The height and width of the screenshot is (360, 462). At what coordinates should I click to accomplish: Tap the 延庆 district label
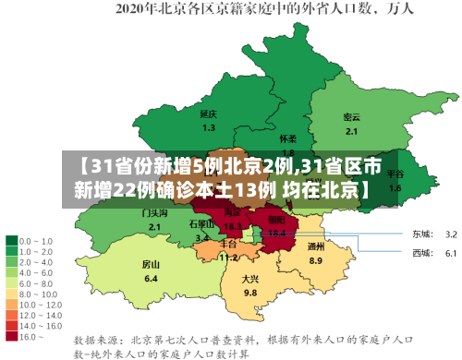click(x=208, y=114)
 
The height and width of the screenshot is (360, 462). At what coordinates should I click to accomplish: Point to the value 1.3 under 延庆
click(x=209, y=127)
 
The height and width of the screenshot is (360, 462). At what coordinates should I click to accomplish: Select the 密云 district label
click(x=351, y=117)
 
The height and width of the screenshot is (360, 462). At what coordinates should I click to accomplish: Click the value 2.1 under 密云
click(x=351, y=131)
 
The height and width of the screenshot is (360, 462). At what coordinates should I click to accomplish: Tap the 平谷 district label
click(x=395, y=174)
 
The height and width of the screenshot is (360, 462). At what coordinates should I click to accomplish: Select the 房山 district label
click(x=151, y=264)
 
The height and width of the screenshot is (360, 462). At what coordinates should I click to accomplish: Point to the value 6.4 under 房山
click(x=151, y=278)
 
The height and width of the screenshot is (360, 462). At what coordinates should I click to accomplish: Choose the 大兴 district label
click(x=249, y=279)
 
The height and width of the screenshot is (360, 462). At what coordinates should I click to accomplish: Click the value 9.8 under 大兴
click(x=249, y=293)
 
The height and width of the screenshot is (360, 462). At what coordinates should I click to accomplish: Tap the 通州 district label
click(x=316, y=246)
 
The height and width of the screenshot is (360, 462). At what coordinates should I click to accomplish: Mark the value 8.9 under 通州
click(x=316, y=260)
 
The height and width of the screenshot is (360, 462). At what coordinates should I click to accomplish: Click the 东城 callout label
click(x=422, y=234)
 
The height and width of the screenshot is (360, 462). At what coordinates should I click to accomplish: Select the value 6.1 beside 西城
click(x=452, y=252)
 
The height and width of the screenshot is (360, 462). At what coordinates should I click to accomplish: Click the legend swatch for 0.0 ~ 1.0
click(x=13, y=239)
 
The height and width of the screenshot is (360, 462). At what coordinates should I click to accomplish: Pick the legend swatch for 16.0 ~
click(x=13, y=311)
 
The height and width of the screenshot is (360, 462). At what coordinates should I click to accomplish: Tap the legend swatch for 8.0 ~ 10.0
click(x=13, y=275)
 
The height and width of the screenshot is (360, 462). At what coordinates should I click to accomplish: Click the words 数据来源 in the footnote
click(x=96, y=326)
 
